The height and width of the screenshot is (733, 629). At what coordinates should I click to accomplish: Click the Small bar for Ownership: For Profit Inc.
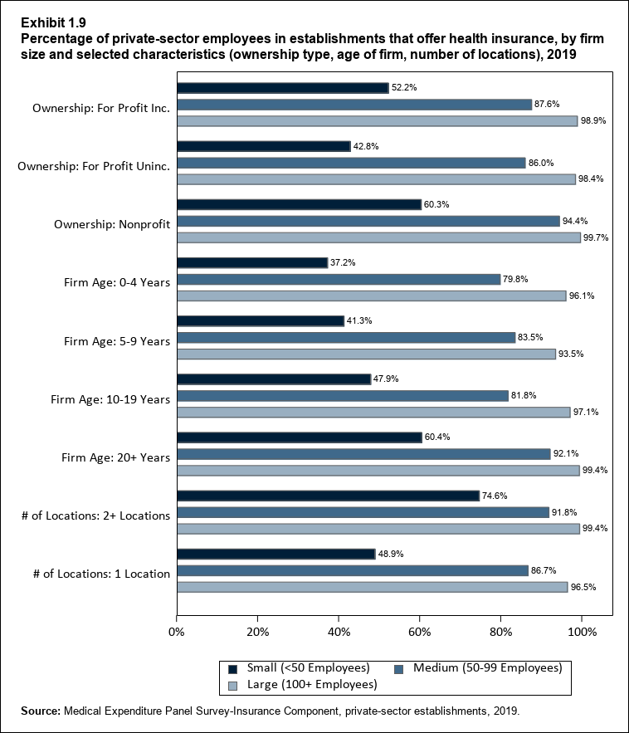(282, 88)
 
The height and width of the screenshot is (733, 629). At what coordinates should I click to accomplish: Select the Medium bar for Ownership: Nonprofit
(368, 221)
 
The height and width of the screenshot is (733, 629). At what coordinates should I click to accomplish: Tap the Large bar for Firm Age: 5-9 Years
(366, 354)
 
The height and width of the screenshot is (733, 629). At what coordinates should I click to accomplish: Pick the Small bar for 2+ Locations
(328, 496)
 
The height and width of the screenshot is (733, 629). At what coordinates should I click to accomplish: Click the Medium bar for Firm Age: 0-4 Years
(339, 279)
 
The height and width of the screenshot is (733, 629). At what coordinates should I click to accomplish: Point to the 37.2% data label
(343, 262)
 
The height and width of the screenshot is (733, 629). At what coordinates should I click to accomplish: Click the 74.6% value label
(495, 496)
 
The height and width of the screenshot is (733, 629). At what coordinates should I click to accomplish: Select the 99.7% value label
(596, 237)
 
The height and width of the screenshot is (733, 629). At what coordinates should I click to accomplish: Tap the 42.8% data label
(366, 146)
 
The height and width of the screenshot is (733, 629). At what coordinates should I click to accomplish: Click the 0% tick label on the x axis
(177, 633)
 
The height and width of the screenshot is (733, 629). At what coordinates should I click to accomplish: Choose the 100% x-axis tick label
(582, 633)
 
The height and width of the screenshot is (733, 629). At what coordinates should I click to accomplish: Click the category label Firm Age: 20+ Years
(117, 457)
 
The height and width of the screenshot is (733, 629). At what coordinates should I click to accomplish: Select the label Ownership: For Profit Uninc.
(94, 166)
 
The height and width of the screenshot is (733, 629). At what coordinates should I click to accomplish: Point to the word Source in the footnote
(39, 711)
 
